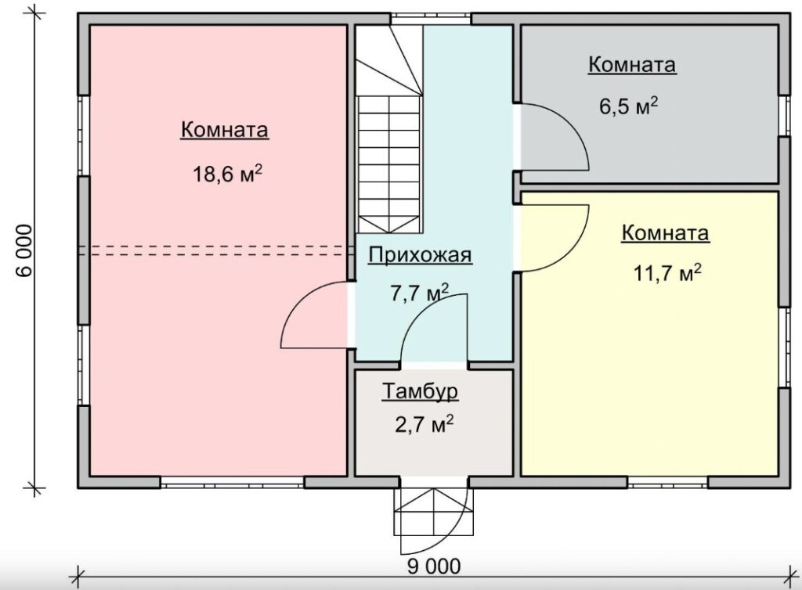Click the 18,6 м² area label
pos(228,174)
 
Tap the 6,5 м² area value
pos(629,106)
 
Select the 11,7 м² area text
pos(667,273)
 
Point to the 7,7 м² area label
pos(420,293)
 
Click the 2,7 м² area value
pos(424,423)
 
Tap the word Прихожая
pos(420,255)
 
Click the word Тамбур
pos(420,391)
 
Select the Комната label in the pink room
pos(225,129)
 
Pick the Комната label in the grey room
pos(632,65)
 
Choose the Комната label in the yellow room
pos(666,233)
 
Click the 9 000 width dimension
pos(434,566)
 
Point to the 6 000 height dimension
pos(24,250)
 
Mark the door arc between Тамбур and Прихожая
pos(421,313)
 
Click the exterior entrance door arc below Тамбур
pos(457,531)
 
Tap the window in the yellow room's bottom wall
pos(667,482)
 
